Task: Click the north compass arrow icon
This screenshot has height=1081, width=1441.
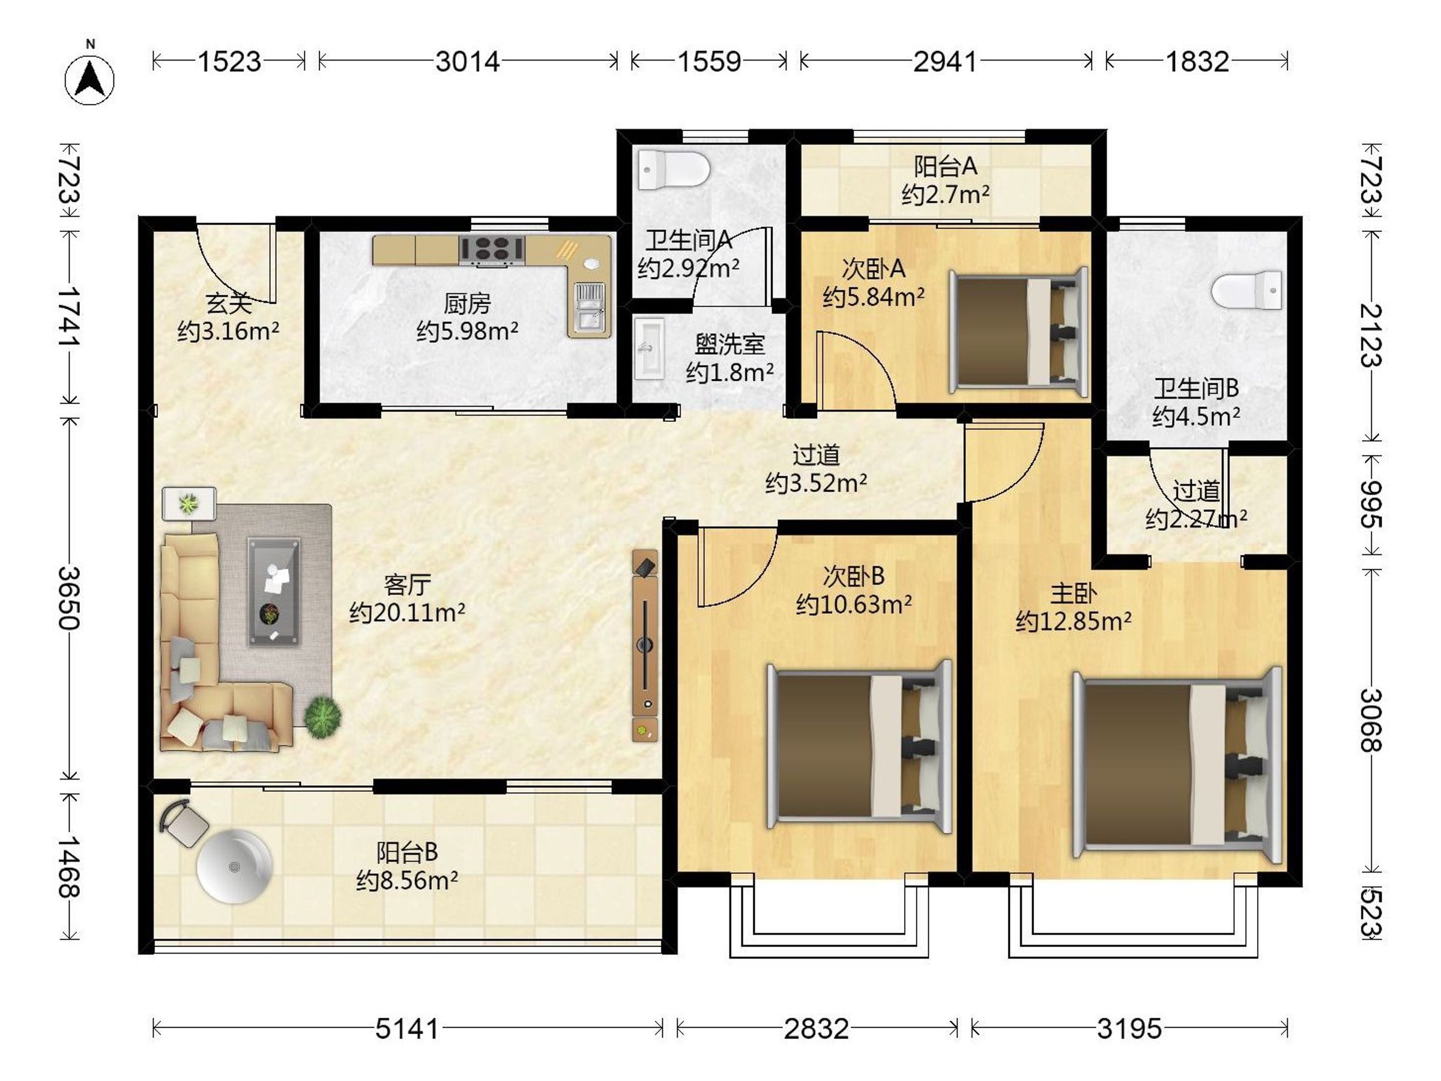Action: tap(89, 79)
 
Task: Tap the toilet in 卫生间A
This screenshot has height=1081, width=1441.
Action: tap(673, 169)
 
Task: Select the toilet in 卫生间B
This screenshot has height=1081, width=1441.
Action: tap(1247, 291)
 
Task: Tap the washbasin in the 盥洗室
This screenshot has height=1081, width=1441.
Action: tap(649, 348)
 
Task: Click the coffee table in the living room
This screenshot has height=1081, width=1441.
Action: tap(274, 592)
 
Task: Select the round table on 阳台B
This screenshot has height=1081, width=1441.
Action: tap(234, 866)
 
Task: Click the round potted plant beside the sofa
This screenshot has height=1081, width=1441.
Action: tap(322, 718)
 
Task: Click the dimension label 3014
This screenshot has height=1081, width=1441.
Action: tap(468, 62)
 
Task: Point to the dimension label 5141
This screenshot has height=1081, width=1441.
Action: tap(408, 1029)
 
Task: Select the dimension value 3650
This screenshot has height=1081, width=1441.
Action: tap(69, 598)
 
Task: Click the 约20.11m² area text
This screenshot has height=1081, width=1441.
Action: tap(407, 613)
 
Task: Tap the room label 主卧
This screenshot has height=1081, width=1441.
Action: tap(1074, 593)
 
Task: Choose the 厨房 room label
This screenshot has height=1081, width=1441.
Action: tap(467, 304)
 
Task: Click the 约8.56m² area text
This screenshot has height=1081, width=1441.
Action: tap(407, 881)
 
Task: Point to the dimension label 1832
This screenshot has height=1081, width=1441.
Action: tap(1197, 62)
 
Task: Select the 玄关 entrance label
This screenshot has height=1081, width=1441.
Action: tap(229, 304)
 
